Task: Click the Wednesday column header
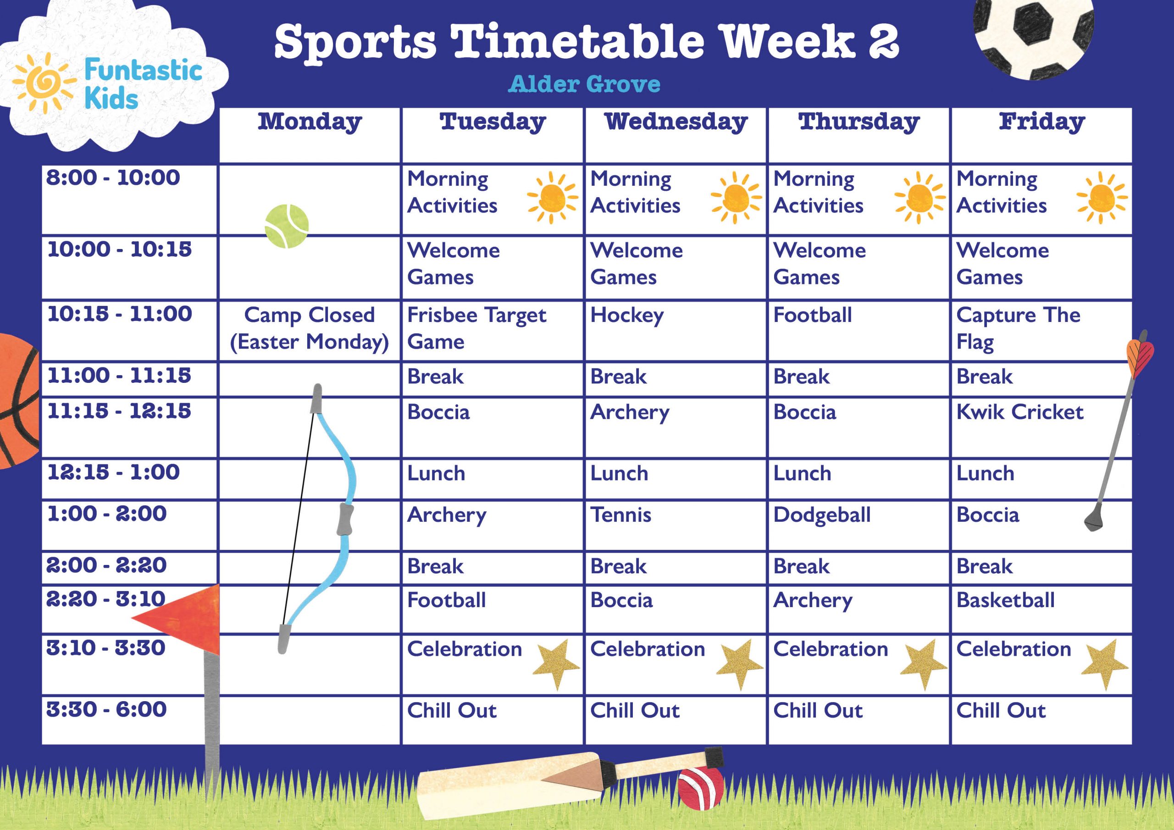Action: pyautogui.click(x=676, y=122)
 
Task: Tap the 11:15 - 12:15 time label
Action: pyautogui.click(x=119, y=411)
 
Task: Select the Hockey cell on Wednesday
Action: pyautogui.click(x=627, y=315)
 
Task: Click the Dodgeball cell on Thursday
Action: pyautogui.click(x=822, y=515)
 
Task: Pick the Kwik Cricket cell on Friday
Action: pyautogui.click(x=1019, y=412)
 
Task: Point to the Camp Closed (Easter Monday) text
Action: pyautogui.click(x=310, y=328)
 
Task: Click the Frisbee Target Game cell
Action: pyautogui.click(x=476, y=328)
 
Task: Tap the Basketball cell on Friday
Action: pyautogui.click(x=1005, y=600)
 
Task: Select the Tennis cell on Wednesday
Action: pyautogui.click(x=621, y=515)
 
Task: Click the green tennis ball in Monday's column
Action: pyautogui.click(x=287, y=226)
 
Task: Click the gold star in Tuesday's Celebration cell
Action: pyautogui.click(x=556, y=663)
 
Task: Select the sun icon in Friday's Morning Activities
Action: pyautogui.click(x=1102, y=198)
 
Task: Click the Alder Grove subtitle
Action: pyautogui.click(x=584, y=84)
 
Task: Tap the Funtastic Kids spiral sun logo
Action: pyautogui.click(x=44, y=83)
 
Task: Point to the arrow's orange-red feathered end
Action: pyautogui.click(x=1140, y=353)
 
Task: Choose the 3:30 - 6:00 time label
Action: pyautogui.click(x=106, y=710)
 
